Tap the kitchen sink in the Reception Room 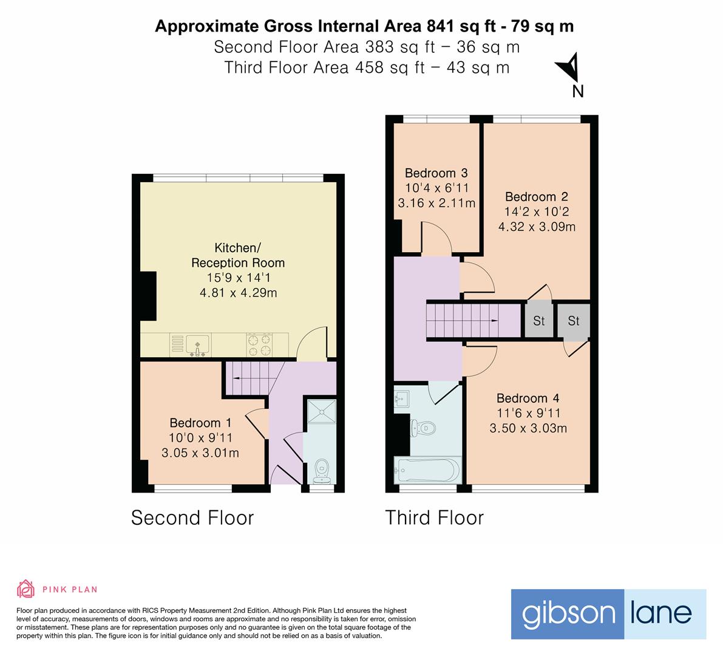[197, 344]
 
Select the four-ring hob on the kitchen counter [259, 345]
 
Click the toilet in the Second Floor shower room [322, 469]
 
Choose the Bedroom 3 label [436, 173]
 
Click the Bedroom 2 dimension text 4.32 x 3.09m [537, 227]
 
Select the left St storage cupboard [538, 321]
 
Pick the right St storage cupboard [574, 321]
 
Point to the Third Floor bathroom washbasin [402, 399]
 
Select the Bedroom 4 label [528, 398]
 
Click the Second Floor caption [192, 518]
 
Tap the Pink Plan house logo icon [26, 589]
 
